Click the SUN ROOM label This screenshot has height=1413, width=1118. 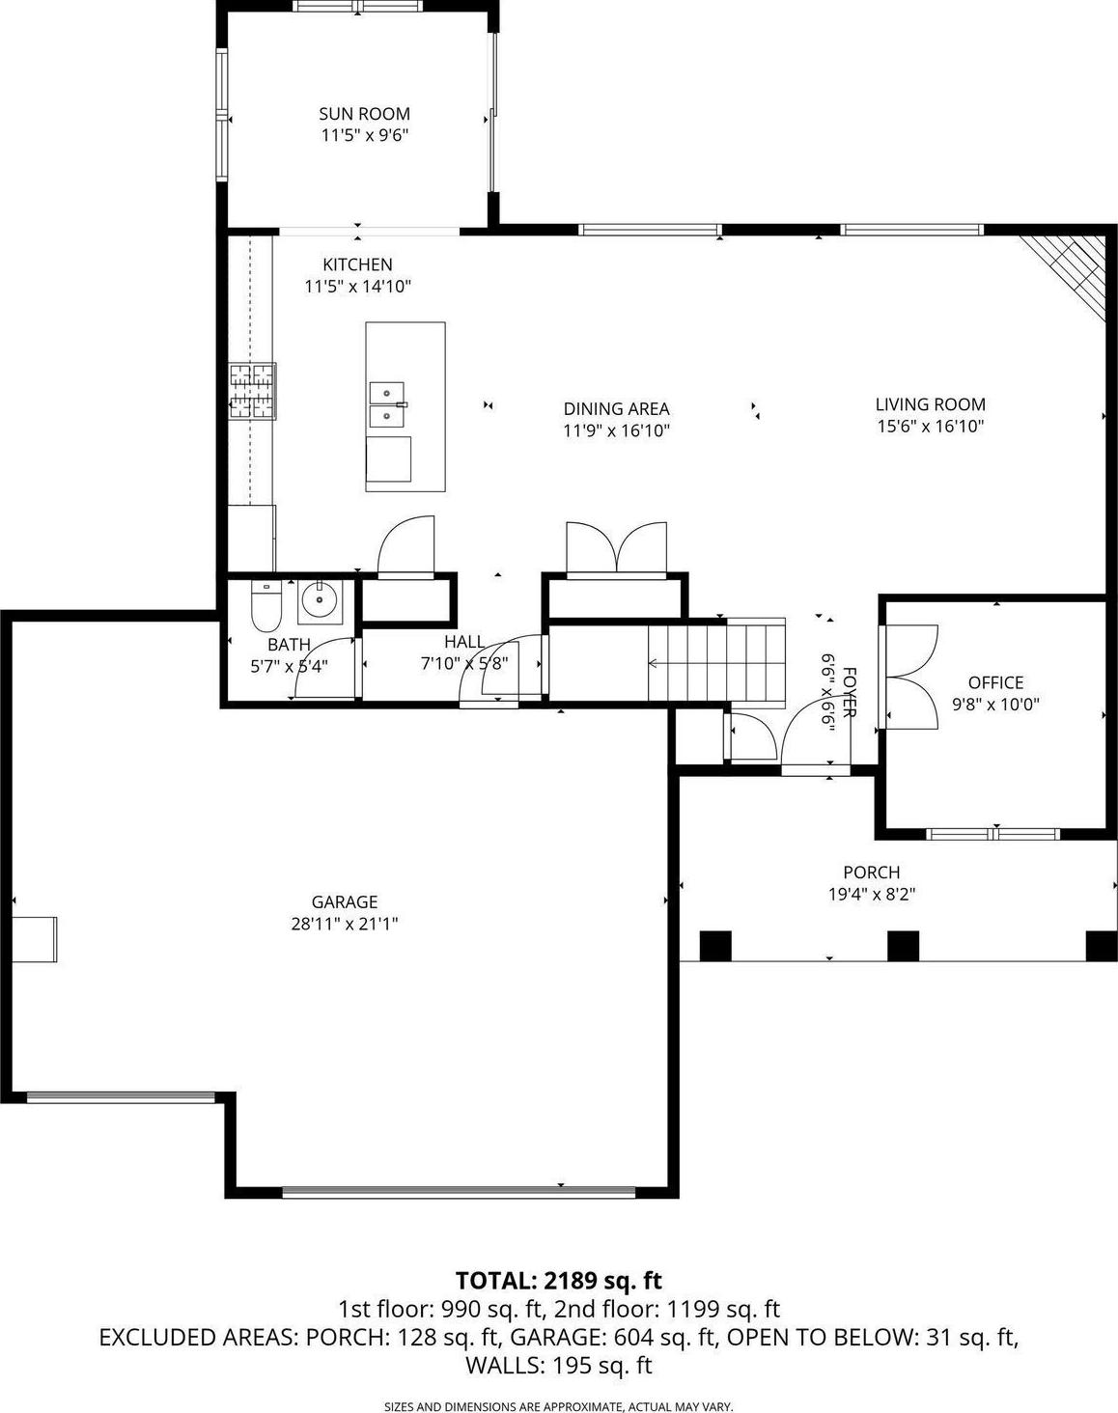tap(364, 114)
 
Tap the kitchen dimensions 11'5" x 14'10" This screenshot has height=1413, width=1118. tap(358, 287)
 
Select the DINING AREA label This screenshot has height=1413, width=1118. tap(616, 408)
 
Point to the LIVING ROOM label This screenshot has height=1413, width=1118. tap(930, 403)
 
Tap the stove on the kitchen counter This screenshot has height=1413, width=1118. tap(253, 391)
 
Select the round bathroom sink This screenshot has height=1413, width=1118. tap(320, 599)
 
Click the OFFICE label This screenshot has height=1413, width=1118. tap(995, 682)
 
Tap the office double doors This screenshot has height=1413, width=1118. tap(908, 677)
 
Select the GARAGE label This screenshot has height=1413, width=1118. tap(345, 901)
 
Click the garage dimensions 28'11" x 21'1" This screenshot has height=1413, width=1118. tap(345, 924)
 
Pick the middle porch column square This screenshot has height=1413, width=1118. tap(904, 946)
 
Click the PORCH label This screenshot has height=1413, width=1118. tap(872, 872)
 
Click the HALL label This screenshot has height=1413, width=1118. tap(464, 642)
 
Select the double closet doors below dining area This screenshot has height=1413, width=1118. tap(616, 549)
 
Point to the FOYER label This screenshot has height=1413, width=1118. tap(850, 692)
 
